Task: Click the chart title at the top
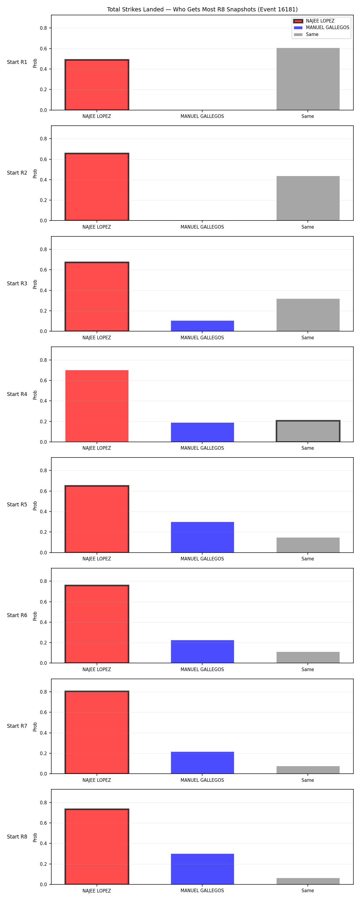[202, 9]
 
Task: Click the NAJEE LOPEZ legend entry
[313, 21]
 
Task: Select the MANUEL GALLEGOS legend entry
[321, 28]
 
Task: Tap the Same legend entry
[306, 34]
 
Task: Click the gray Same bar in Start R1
[308, 79]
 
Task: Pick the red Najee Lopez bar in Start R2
[97, 187]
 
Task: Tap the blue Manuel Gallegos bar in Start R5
[202, 537]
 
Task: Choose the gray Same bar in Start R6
[308, 657]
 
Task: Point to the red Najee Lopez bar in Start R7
[97, 732]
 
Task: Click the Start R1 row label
[17, 62]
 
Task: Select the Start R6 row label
[17, 615]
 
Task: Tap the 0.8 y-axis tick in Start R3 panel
[43, 250]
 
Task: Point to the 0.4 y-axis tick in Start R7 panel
[43, 733]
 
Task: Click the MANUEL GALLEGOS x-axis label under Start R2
[202, 227]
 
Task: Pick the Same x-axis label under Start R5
[307, 559]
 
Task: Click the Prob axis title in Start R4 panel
[35, 395]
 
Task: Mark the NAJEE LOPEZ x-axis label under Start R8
[97, 891]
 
